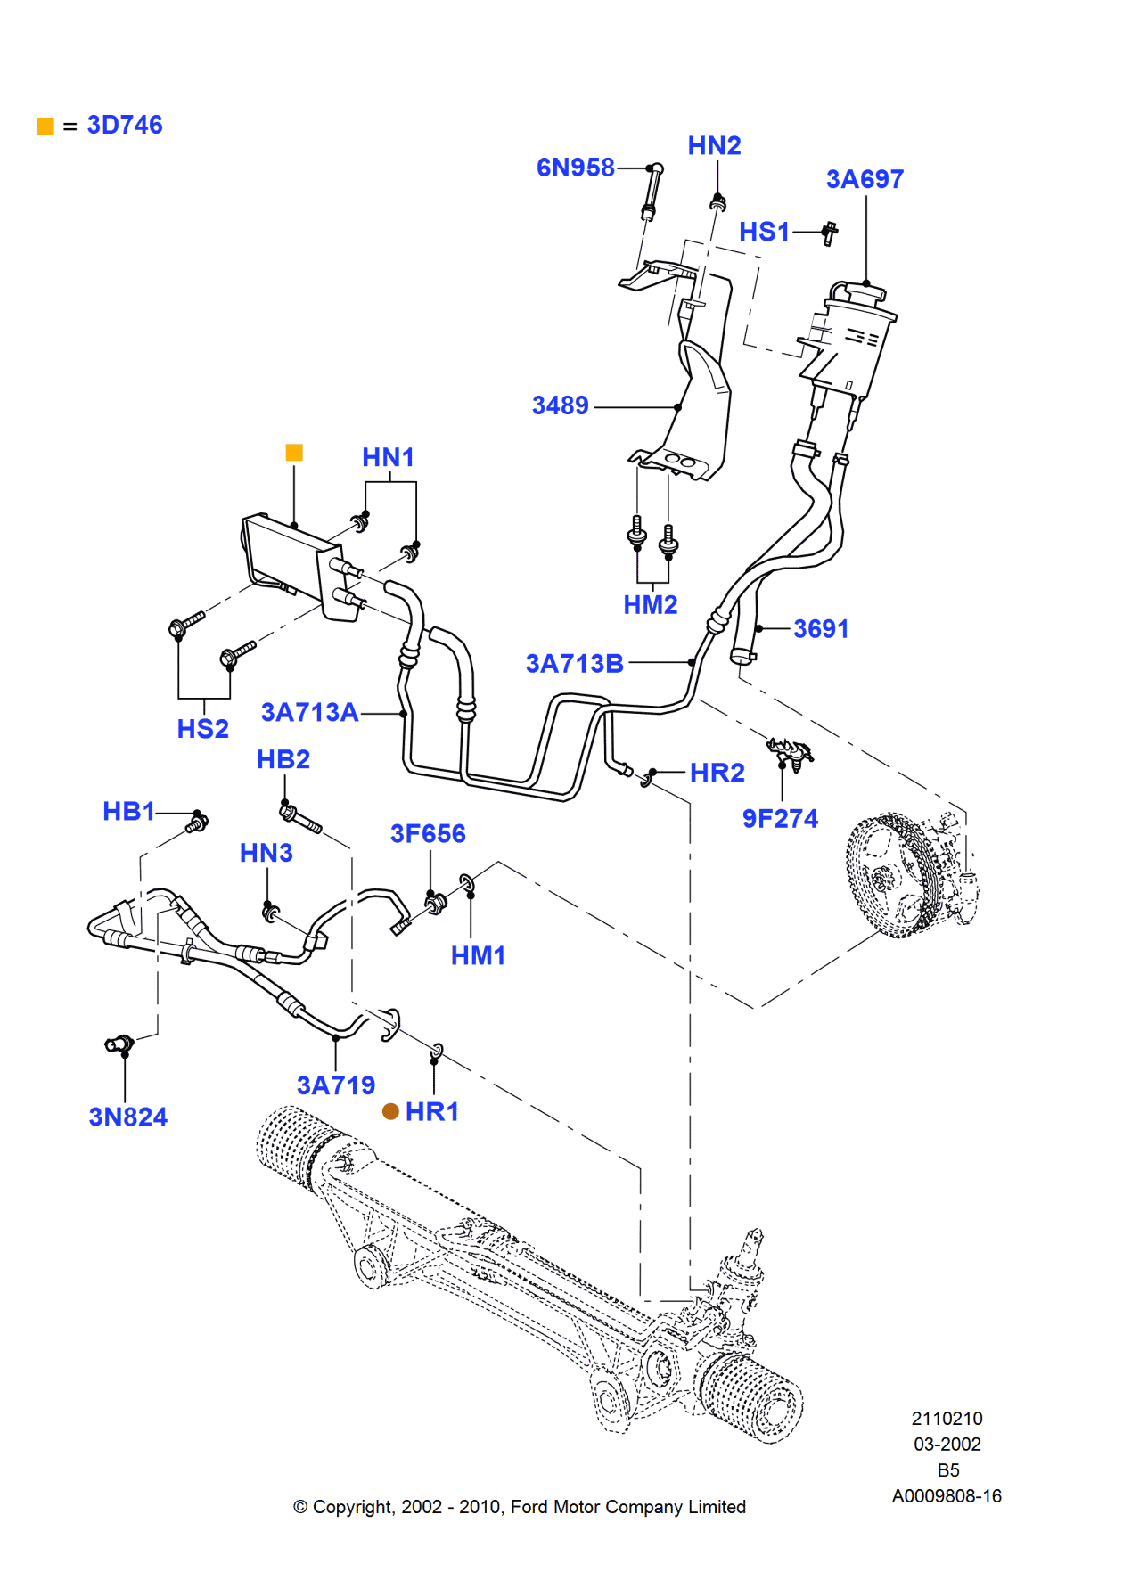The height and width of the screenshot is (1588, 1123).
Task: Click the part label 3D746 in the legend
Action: [x=125, y=125]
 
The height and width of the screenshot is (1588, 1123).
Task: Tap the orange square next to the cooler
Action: [x=294, y=453]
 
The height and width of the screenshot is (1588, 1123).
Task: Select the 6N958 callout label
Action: [x=575, y=168]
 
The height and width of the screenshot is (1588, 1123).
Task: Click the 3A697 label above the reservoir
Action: [x=865, y=179]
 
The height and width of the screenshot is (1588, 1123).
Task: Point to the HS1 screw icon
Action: [x=830, y=233]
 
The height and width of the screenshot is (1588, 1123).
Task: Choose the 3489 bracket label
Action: [x=560, y=405]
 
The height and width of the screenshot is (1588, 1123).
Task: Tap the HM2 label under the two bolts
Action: [x=650, y=605]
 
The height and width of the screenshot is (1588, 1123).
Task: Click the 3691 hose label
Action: [x=820, y=629]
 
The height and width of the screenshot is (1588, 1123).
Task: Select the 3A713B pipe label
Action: [x=574, y=664]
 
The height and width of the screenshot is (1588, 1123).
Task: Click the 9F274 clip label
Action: [x=780, y=819]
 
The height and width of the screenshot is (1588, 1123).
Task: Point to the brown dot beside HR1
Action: [x=390, y=1111]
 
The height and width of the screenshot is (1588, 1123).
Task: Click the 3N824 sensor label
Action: [x=127, y=1117]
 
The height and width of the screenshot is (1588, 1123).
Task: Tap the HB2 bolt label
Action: [x=283, y=759]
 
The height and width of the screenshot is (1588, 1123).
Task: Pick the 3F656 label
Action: [x=428, y=834]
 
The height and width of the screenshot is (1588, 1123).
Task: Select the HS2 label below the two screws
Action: [x=202, y=729]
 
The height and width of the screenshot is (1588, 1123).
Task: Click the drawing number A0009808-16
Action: [x=947, y=1496]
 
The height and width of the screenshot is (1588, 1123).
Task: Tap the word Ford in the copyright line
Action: [x=529, y=1507]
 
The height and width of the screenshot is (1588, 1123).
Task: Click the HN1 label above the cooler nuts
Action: [x=388, y=458]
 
